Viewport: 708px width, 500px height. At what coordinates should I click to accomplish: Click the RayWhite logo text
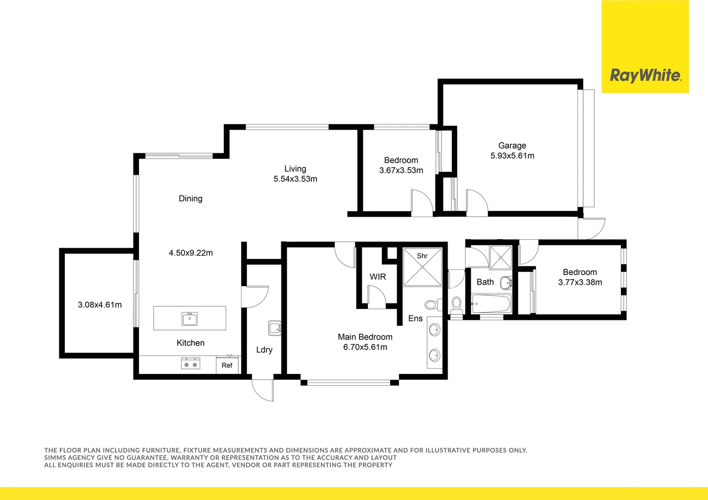[x=645, y=75]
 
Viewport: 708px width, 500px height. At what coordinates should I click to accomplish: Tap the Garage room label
[x=512, y=145]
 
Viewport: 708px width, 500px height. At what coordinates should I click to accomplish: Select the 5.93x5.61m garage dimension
[x=512, y=156]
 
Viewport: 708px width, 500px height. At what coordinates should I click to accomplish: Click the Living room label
[x=295, y=169]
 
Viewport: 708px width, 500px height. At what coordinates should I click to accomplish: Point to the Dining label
[x=190, y=199]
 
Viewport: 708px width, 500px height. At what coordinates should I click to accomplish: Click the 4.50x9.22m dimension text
[x=190, y=253]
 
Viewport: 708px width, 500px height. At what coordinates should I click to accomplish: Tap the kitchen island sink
[x=190, y=319]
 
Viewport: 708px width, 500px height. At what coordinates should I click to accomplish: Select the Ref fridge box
[x=227, y=365]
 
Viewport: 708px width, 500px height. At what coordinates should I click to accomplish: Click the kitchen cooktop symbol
[x=190, y=364]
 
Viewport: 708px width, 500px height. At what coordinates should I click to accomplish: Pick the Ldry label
[x=264, y=350]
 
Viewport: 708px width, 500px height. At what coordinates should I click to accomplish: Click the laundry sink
[x=275, y=328]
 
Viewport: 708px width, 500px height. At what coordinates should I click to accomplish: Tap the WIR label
[x=378, y=277]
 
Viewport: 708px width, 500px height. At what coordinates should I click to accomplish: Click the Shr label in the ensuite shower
[x=422, y=256]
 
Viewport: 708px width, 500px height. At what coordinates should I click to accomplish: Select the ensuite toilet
[x=432, y=305]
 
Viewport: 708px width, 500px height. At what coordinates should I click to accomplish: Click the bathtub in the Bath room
[x=491, y=304]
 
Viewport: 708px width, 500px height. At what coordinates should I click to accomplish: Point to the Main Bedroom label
[x=365, y=337]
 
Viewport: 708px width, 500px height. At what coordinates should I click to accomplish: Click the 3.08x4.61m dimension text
[x=100, y=305]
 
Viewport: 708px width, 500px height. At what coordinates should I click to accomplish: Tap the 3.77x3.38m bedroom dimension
[x=580, y=282]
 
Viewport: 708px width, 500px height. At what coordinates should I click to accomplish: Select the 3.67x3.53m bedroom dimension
[x=401, y=170]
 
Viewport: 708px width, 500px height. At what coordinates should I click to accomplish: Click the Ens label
[x=415, y=319]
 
